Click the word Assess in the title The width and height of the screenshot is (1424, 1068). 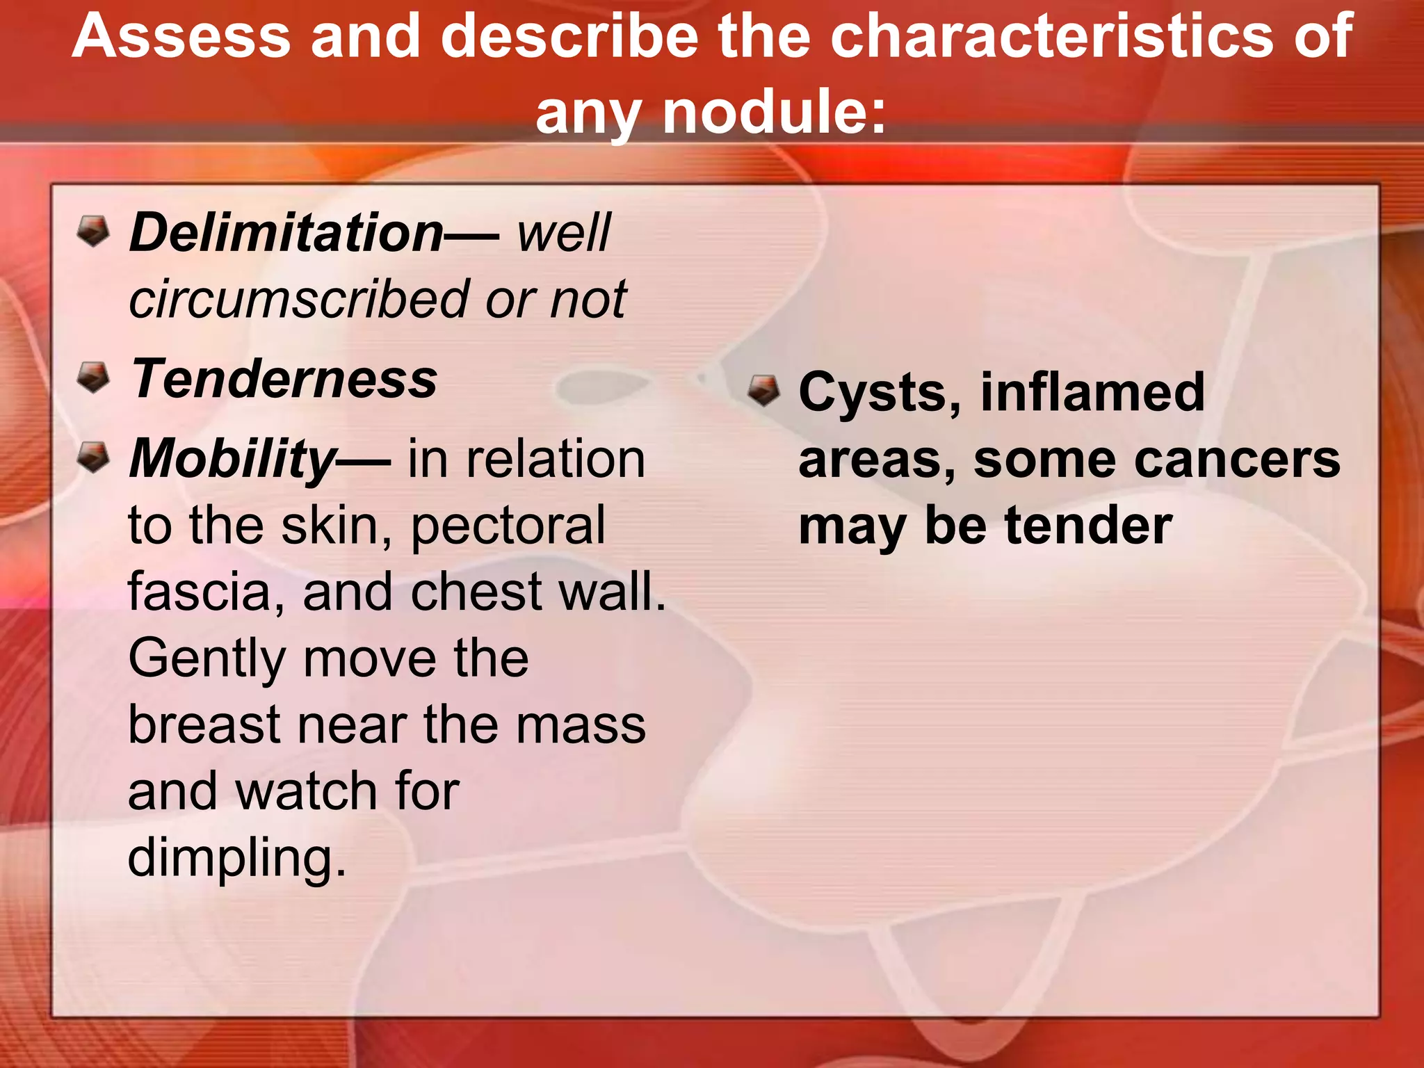[181, 36]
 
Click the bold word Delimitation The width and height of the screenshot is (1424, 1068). [286, 233]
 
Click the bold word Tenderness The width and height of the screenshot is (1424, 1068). [284, 380]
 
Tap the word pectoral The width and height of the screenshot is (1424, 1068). [508, 526]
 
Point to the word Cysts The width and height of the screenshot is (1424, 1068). [879, 394]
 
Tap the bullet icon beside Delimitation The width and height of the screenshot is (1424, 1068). [93, 231]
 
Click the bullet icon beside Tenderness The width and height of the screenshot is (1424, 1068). [93, 378]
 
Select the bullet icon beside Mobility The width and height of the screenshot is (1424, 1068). [93, 458]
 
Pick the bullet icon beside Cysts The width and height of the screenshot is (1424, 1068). [763, 391]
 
